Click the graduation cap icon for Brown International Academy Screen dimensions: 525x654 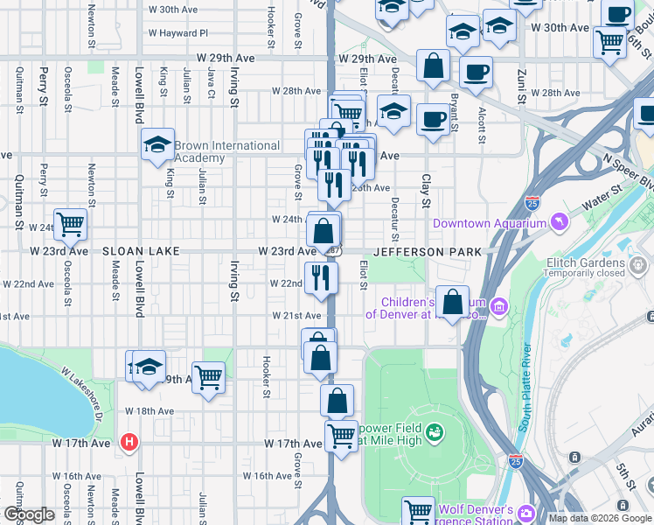coord(157,145)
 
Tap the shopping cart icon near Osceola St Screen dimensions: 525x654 coord(70,224)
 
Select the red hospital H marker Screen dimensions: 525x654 coord(130,443)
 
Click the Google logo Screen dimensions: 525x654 coord(29,514)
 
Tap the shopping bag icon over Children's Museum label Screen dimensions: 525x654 coord(452,303)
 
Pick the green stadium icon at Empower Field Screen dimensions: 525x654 coord(434,431)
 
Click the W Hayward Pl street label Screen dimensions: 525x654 coord(178,33)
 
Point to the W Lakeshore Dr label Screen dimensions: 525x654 coord(83,395)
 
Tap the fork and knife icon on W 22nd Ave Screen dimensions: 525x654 coord(321,277)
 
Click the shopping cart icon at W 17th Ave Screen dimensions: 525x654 coord(341,435)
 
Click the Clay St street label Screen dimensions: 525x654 coord(427,191)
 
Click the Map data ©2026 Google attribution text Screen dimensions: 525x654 coord(600,518)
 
